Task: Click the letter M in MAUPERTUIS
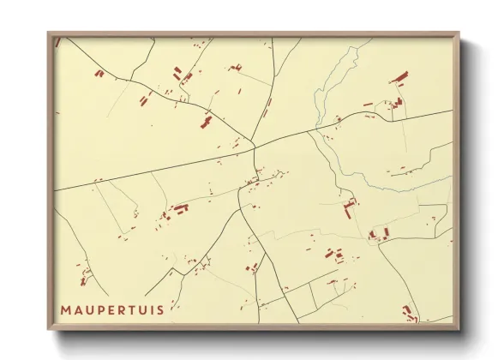click(x=66, y=309)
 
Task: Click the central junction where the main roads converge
click(x=253, y=143)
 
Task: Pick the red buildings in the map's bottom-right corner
click(x=410, y=313)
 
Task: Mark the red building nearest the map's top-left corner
click(x=99, y=74)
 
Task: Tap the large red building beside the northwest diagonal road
click(x=206, y=123)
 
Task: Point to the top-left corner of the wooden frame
click(x=50, y=34)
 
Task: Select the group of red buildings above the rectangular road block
click(x=333, y=255)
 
